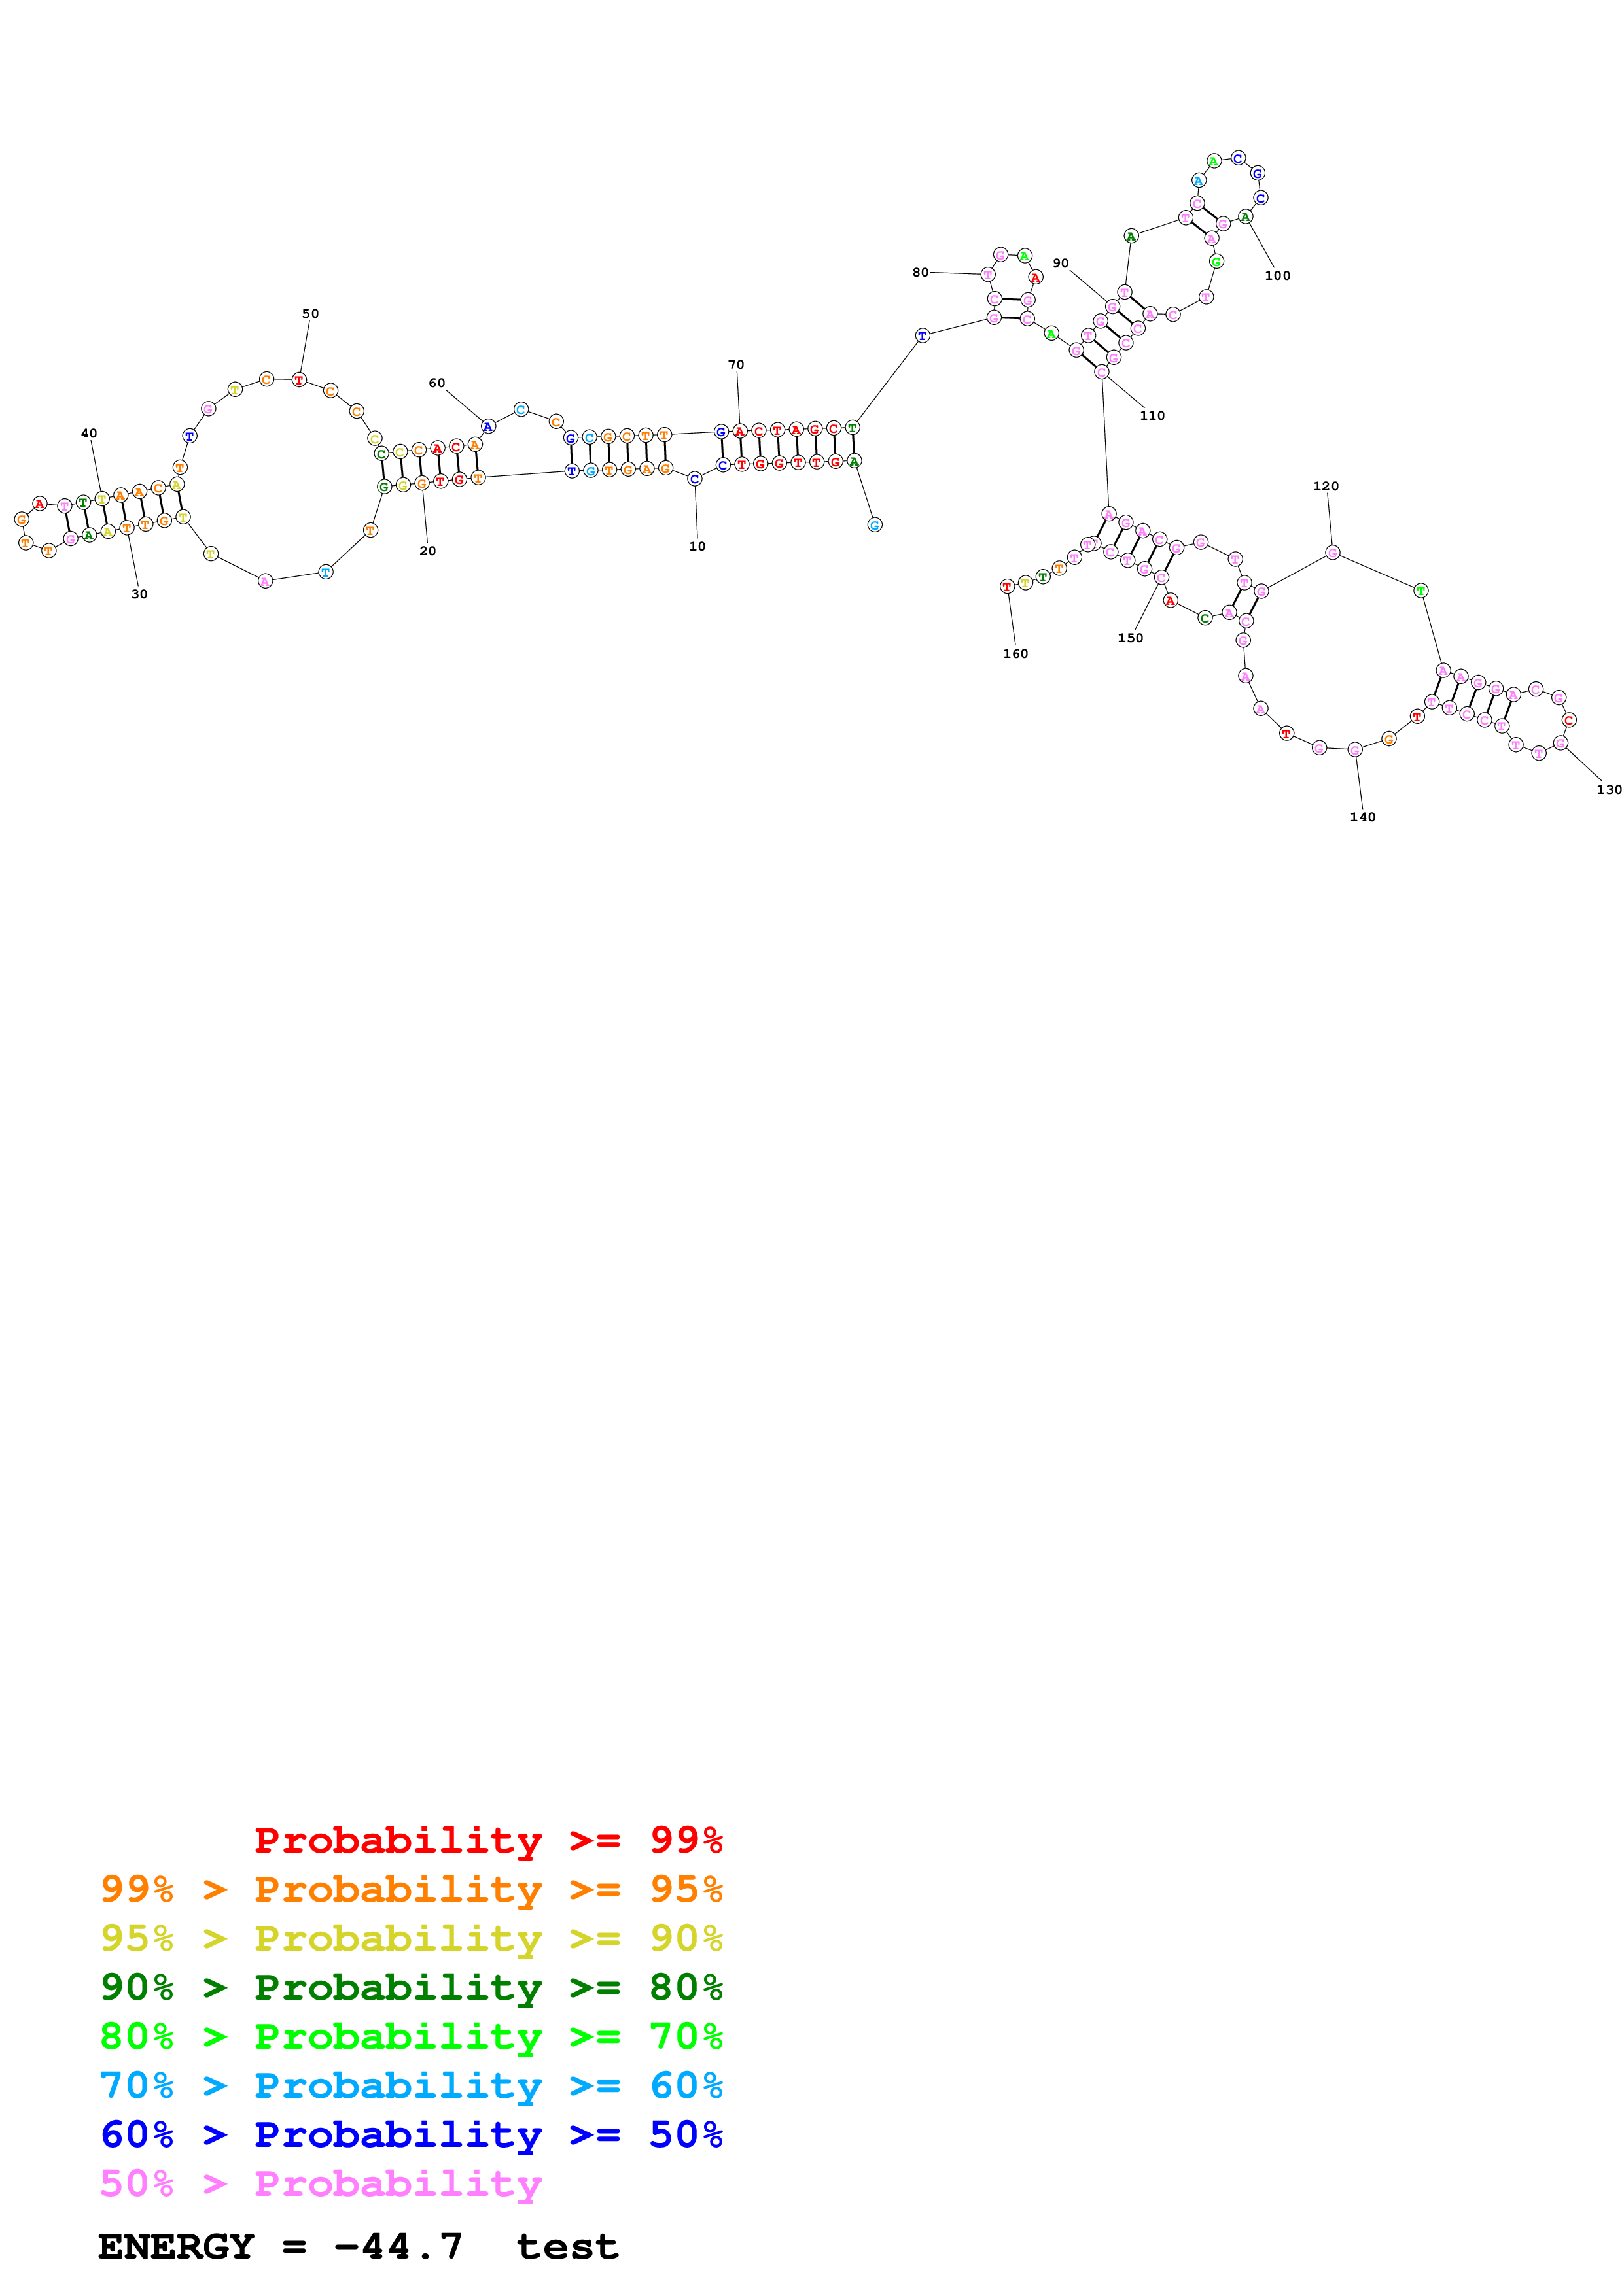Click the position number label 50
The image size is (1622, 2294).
tap(311, 314)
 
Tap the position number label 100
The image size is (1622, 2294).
tap(1277, 276)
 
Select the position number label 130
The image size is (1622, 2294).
tap(1608, 789)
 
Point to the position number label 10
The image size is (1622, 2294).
tap(697, 547)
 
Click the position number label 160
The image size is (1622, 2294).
tap(1015, 653)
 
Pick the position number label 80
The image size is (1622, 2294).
tap(921, 272)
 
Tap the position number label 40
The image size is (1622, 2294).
tap(89, 434)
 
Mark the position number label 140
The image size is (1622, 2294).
tap(1362, 817)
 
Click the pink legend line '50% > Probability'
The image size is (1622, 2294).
tap(321, 2183)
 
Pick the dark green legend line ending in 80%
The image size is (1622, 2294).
tap(411, 1987)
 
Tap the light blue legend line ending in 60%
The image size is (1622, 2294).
tap(411, 2085)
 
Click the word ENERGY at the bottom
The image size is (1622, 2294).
tap(176, 2247)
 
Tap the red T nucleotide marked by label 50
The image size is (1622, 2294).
tap(299, 380)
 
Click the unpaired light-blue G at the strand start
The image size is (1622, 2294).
tap(874, 524)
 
